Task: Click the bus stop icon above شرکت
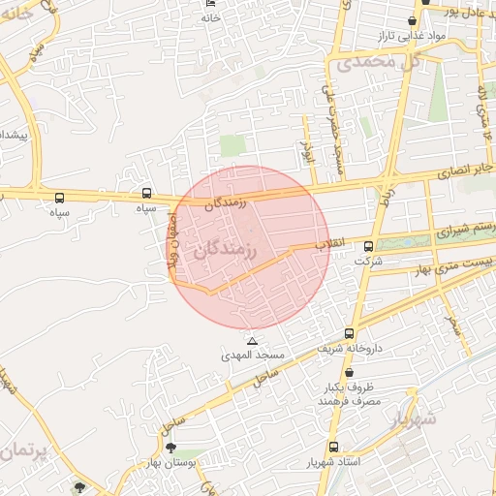coord(367,246)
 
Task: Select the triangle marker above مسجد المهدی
coord(253,341)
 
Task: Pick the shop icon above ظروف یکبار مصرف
coord(348,373)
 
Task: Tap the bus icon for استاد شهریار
coord(334,447)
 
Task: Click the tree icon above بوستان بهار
coord(171,448)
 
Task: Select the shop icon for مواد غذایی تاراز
coord(412,20)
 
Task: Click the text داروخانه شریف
coord(353,347)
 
